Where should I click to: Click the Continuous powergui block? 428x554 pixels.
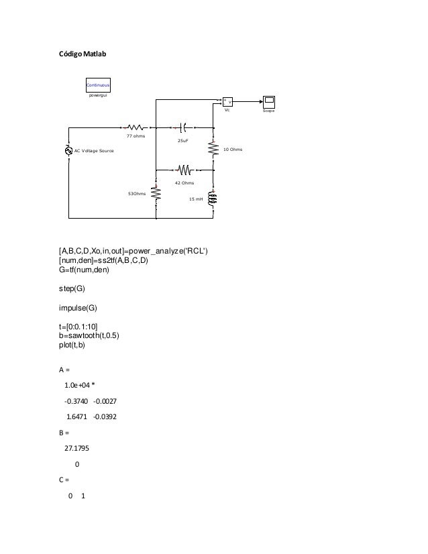click(98, 85)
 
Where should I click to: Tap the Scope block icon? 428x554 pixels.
click(270, 101)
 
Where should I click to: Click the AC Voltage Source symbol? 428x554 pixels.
click(68, 151)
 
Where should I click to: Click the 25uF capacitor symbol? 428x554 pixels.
click(183, 125)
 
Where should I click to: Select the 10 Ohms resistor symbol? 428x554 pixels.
click(213, 149)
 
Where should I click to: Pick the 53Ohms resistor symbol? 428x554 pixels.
click(156, 192)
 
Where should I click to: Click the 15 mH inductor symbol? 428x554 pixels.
click(213, 199)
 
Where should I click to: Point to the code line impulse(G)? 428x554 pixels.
click(78, 308)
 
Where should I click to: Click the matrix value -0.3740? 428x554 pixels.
click(76, 402)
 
